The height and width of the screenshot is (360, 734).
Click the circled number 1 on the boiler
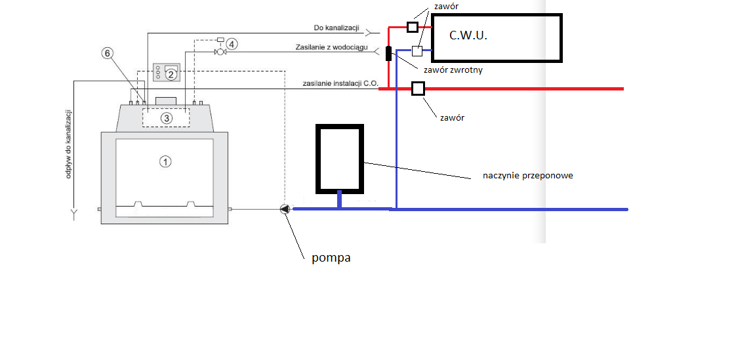(165, 162)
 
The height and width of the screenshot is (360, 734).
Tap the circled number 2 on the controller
(171, 74)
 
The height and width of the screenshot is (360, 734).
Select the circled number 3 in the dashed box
(166, 118)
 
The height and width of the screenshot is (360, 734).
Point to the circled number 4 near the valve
(232, 44)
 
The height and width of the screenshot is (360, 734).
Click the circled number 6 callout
(107, 53)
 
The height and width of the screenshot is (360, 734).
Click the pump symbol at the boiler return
(285, 209)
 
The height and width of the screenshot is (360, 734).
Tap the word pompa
(331, 258)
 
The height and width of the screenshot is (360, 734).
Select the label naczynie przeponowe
(528, 176)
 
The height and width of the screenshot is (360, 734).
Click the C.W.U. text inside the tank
(468, 35)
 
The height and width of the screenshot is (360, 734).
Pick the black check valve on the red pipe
(388, 54)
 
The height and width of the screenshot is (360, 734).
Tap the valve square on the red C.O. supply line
(418, 89)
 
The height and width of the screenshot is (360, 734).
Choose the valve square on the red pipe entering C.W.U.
(412, 27)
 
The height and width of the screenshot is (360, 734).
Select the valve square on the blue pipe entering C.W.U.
(417, 50)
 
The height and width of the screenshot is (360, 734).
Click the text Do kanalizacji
(336, 28)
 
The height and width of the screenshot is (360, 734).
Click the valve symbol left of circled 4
(219, 52)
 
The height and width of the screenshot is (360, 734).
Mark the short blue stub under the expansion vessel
(339, 201)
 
